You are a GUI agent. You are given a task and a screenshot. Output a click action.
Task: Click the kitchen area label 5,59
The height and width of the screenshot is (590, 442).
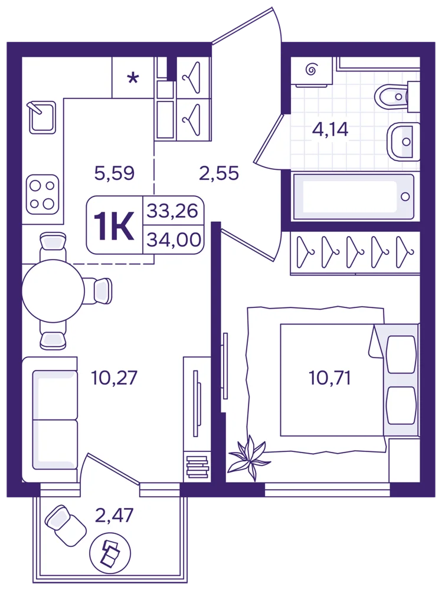114,173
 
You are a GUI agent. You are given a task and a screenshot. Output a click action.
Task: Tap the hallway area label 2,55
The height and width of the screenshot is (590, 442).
219,173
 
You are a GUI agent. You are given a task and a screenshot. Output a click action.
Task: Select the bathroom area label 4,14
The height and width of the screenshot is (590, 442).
330,129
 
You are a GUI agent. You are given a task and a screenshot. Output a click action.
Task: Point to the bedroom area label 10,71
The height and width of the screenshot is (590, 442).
330,378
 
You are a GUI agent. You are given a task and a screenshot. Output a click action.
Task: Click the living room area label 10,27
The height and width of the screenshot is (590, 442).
114,378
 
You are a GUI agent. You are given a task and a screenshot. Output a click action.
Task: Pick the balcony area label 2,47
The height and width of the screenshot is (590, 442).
114,516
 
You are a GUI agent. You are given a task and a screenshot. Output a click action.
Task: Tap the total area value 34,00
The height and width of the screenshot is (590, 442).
173,240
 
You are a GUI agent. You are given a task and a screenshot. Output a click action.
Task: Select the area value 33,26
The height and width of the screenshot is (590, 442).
172,211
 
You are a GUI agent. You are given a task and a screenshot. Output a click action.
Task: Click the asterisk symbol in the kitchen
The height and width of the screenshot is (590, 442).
133,78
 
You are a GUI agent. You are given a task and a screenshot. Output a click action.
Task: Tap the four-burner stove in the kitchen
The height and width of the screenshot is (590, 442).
42,194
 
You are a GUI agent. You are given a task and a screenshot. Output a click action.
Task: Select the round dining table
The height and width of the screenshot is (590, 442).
53,291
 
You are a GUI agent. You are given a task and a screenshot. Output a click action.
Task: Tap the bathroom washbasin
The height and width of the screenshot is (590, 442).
403,142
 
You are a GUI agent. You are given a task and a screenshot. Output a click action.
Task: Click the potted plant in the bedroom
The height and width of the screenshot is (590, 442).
249,457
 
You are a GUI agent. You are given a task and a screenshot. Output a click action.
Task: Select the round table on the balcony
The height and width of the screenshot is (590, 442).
110,553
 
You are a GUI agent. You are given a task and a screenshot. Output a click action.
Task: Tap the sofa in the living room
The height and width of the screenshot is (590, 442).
50,419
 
